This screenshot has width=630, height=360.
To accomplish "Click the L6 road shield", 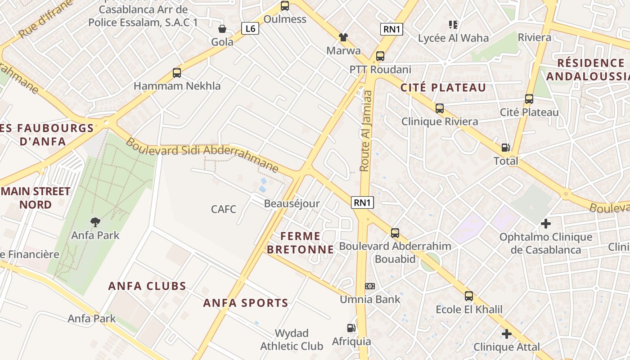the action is pyautogui.click(x=250, y=29).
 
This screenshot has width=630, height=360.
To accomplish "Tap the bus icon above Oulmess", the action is pyautogui.click(x=285, y=6).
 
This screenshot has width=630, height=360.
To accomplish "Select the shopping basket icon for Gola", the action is pyautogui.click(x=222, y=29).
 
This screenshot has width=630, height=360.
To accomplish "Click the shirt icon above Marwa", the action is pyautogui.click(x=343, y=37).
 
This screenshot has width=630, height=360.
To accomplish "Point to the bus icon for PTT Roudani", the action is pyautogui.click(x=380, y=56).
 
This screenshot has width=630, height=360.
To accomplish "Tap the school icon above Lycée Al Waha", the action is pyautogui.click(x=453, y=24).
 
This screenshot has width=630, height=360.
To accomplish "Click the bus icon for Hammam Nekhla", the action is pyautogui.click(x=177, y=73).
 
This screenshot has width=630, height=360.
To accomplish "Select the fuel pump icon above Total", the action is pyautogui.click(x=506, y=148).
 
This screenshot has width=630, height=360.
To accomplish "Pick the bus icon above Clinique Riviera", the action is pyautogui.click(x=440, y=108).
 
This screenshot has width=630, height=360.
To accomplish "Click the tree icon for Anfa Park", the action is pyautogui.click(x=95, y=222).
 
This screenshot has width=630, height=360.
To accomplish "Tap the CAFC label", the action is pyautogui.click(x=224, y=209).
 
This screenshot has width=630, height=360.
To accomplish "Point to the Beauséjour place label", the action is pyautogui.click(x=292, y=203).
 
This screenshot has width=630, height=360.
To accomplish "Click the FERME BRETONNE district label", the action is pyautogui.click(x=301, y=243).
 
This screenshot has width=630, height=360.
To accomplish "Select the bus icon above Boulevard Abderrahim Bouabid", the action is pyautogui.click(x=395, y=233).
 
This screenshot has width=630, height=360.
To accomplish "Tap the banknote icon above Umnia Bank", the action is pyautogui.click(x=370, y=286).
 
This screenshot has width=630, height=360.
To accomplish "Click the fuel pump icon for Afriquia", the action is pyautogui.click(x=351, y=328).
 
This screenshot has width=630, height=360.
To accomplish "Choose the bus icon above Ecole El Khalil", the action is pyautogui.click(x=469, y=296).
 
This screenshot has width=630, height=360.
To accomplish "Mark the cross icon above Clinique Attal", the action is pyautogui.click(x=507, y=334).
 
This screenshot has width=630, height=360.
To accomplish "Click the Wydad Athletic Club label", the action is pyautogui.click(x=292, y=340).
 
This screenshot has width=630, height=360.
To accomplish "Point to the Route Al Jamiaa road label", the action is pyautogui.click(x=365, y=130).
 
